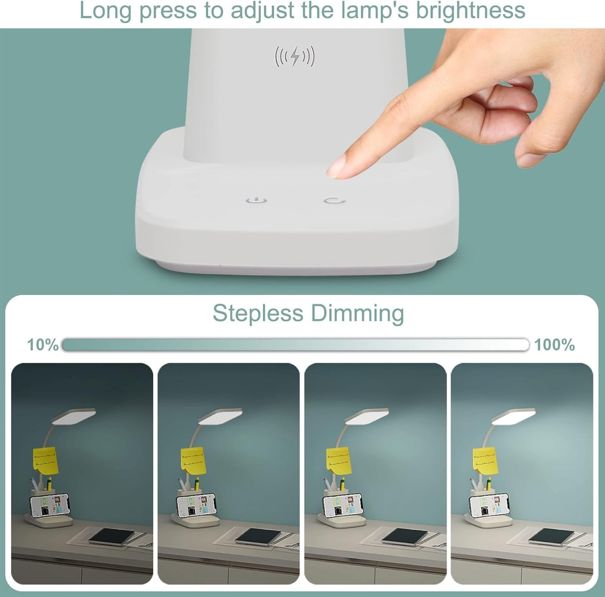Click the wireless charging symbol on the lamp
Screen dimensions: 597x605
294,56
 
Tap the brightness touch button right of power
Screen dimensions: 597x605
335,201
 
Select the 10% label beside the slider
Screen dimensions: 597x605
42,345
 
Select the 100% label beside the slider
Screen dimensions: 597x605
554,345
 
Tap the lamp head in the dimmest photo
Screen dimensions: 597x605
74,416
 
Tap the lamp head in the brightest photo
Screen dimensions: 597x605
514,416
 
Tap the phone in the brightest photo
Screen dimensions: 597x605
489,505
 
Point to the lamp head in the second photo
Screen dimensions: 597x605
220,416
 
